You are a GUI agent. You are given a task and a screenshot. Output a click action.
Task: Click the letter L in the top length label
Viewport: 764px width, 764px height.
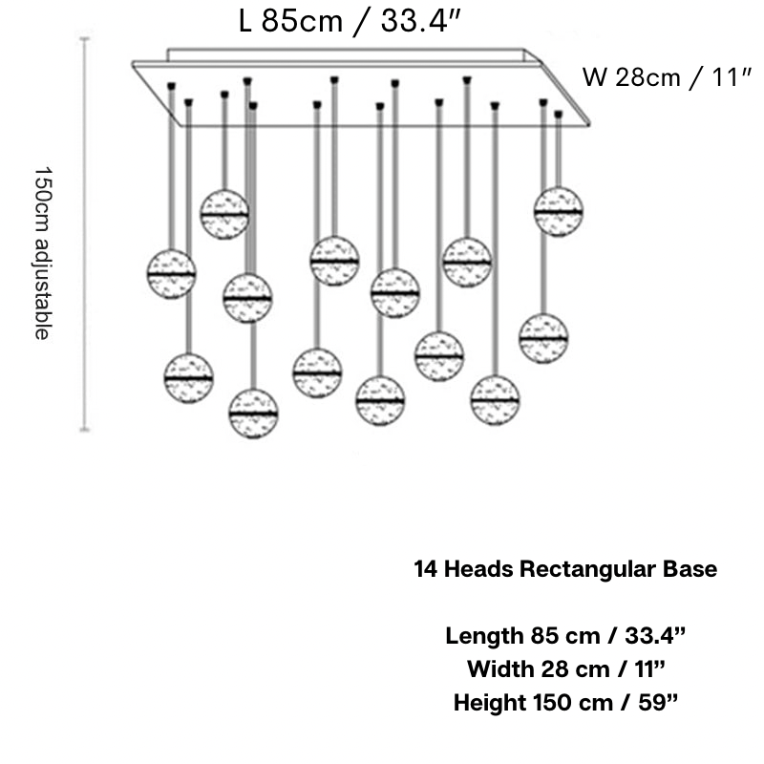point(245,21)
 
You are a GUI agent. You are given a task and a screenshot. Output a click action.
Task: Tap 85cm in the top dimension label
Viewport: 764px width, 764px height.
point(301,21)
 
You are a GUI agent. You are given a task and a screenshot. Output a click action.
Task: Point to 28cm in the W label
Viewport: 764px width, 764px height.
point(647,77)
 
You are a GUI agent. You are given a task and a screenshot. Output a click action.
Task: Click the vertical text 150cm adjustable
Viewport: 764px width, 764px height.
point(43,252)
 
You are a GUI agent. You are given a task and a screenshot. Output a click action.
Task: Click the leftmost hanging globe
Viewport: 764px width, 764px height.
point(171,273)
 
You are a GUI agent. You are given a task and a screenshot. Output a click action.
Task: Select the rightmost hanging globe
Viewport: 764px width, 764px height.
point(559,211)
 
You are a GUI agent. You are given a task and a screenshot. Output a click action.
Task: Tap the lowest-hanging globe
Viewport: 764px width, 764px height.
point(253,413)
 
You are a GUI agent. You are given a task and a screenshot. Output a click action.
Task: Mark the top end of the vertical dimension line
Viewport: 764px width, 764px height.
point(85,39)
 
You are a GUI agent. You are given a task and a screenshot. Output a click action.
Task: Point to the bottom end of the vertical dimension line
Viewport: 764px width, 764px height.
point(85,431)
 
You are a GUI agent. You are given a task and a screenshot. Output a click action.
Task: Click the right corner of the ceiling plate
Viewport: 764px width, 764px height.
point(591,122)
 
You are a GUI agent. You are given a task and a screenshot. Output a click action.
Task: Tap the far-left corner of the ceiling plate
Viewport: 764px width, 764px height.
point(134,64)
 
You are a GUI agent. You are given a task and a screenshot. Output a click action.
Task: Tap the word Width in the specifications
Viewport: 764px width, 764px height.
point(499,669)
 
